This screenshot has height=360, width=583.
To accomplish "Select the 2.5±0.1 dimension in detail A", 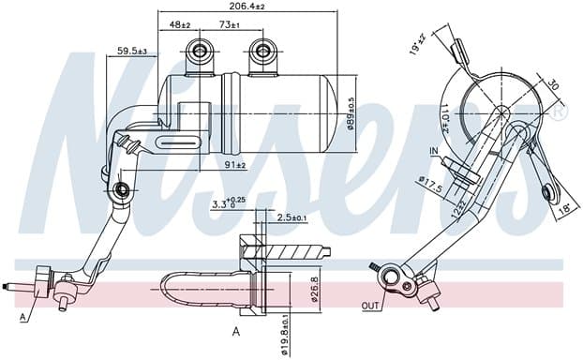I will point(290,217).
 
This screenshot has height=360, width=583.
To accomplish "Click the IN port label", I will point(433,151).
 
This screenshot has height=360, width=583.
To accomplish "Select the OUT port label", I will point(372,306).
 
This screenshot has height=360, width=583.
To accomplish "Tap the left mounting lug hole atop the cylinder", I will point(198,50).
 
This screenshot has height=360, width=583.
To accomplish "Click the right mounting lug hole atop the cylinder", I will point(263,50).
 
